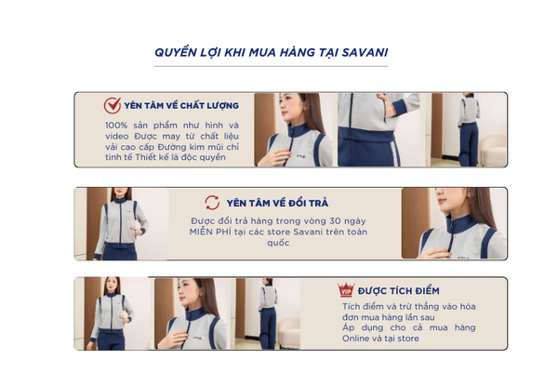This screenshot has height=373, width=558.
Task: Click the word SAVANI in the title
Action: (365, 53)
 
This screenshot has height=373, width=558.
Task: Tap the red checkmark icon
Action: (113, 105)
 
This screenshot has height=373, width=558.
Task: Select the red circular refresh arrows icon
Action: (212, 203)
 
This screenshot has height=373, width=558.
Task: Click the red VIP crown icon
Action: (346, 289)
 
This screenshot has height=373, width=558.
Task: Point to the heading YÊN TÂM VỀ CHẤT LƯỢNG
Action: (181, 106)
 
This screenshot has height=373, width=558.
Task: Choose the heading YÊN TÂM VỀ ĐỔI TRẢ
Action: (277, 203)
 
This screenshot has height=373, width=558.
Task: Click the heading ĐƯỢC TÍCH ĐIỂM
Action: (399, 291)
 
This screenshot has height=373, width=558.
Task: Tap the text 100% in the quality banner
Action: (116, 126)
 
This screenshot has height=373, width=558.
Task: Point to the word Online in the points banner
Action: (354, 339)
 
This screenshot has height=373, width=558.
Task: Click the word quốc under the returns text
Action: (278, 243)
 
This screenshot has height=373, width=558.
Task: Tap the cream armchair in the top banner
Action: (493, 150)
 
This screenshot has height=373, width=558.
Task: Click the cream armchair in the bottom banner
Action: (288, 333)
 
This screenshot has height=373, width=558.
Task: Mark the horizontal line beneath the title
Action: (271, 66)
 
